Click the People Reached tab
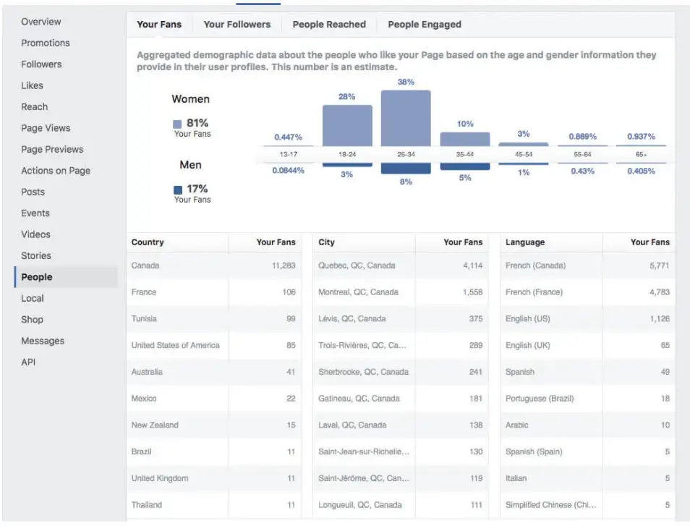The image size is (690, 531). [329, 24]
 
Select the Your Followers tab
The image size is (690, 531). [237, 24]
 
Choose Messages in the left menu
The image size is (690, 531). [43, 341]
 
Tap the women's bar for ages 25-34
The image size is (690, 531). [406, 119]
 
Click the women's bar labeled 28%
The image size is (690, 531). [347, 126]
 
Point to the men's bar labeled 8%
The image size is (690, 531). [406, 169]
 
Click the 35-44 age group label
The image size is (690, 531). [464, 155]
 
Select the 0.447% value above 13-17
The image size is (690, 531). [288, 137]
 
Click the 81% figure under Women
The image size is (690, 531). [197, 124]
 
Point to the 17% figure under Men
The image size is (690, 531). [197, 189]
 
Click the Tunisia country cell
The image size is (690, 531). [144, 318]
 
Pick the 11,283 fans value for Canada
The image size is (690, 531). [284, 265]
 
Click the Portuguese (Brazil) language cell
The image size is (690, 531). [536, 399]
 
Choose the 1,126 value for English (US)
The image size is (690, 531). [659, 318]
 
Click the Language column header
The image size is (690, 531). [525, 242]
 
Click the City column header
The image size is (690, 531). [326, 242]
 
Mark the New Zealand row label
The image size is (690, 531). [155, 425]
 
